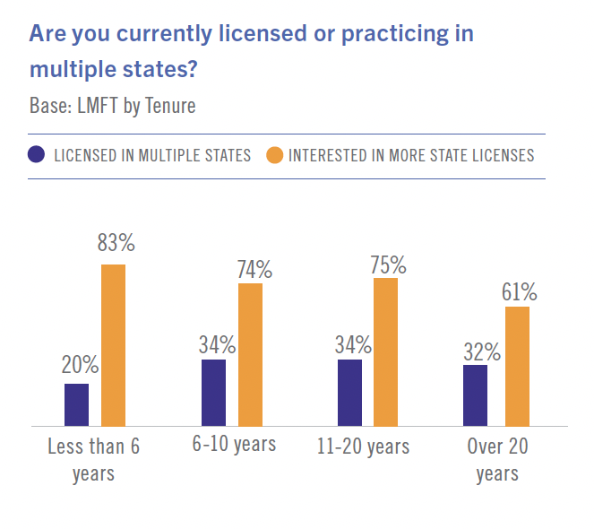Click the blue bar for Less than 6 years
[x=77, y=404]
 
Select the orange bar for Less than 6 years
[x=113, y=345]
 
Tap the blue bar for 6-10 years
[x=213, y=392]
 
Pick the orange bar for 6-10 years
[x=250, y=354]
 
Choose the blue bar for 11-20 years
[x=349, y=392]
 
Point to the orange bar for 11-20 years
[x=385, y=351]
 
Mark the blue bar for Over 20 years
[x=475, y=395]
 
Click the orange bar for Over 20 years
[x=518, y=366]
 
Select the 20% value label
[x=80, y=364]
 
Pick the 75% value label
[x=387, y=264]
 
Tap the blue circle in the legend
[x=36, y=154]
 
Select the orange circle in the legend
[x=275, y=154]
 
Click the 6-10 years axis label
[x=233, y=445]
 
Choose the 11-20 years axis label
[x=363, y=446]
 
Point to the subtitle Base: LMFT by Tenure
[x=112, y=105]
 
